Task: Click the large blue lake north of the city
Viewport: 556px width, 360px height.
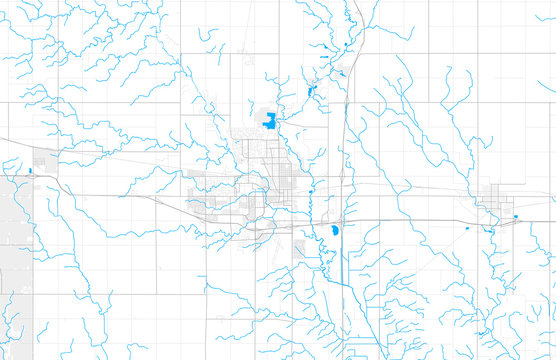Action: point(269,121)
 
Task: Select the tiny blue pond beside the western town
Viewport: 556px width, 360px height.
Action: point(31,171)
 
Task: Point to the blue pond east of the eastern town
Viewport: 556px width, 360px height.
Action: point(515,216)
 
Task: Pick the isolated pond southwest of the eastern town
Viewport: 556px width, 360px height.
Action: point(468,229)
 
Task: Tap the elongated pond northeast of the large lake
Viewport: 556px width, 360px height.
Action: point(311,93)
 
